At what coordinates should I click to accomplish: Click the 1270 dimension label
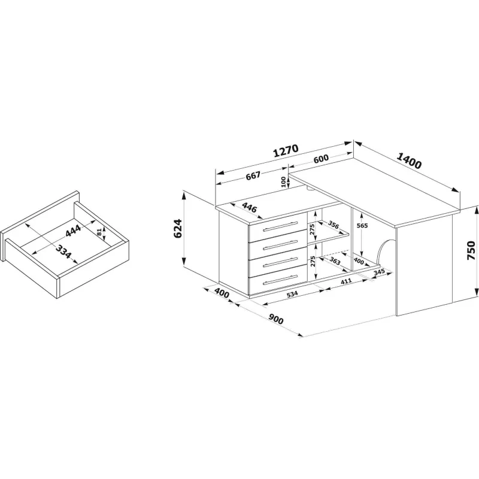286,150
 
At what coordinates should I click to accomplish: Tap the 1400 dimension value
409,160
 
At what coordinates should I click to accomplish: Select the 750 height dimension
471,250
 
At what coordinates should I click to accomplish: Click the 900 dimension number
276,319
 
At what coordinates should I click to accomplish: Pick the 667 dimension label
253,175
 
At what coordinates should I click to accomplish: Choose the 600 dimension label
321,158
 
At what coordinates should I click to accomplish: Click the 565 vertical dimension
362,226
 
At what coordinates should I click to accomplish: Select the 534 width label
292,294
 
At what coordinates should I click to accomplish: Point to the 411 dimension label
346,281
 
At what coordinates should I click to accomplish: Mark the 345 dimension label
379,272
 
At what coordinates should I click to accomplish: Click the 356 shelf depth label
334,225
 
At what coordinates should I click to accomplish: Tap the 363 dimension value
335,261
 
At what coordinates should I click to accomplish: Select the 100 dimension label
283,182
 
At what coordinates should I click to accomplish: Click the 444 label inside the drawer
73,231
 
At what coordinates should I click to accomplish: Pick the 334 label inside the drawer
63,251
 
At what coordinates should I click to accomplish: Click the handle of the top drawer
280,227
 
